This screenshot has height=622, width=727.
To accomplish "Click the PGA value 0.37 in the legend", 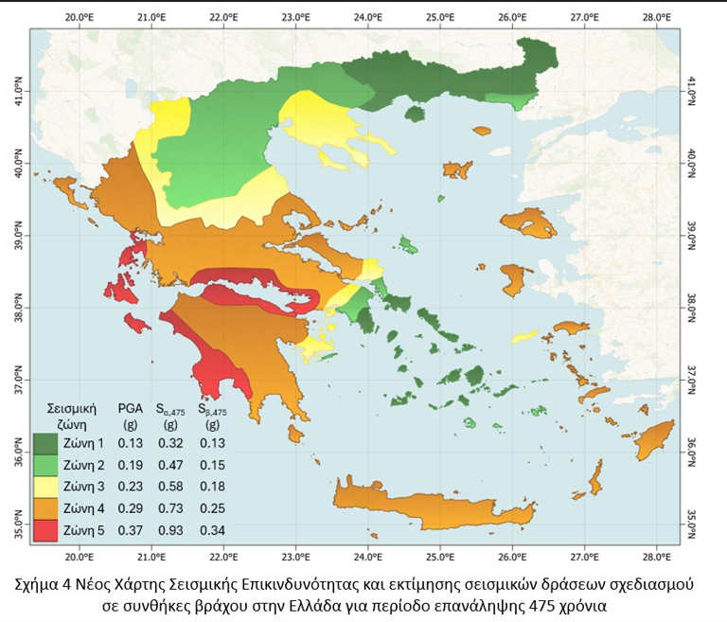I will tap(131, 528).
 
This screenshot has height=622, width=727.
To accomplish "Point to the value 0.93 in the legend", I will tap(170, 528).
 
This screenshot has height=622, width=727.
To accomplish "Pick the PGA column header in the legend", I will tap(131, 408).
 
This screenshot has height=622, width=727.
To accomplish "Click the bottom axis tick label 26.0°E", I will tap(512, 558).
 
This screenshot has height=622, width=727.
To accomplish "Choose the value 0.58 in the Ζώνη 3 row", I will tap(170, 487).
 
